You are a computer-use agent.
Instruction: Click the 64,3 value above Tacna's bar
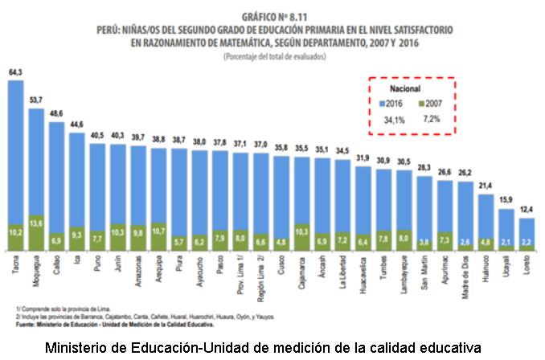point(15,72)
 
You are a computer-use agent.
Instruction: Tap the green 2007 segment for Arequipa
point(159,236)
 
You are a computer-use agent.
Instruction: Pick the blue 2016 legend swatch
point(383,104)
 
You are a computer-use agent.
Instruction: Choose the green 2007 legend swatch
point(422,104)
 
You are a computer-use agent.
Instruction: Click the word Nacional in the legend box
point(406,88)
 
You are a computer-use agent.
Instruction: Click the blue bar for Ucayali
point(507,222)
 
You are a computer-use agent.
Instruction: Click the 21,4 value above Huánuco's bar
point(486,186)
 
